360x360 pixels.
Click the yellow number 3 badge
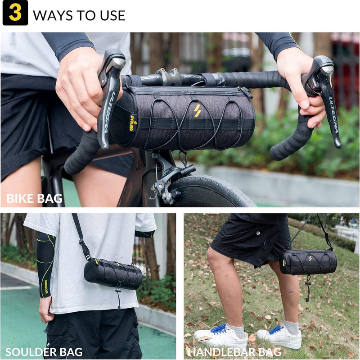point(15,13)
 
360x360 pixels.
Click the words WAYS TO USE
point(79,15)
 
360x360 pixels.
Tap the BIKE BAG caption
point(34,198)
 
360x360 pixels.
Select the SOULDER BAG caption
point(44,351)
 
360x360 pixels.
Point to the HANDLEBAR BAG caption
point(234,351)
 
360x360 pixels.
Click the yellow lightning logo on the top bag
point(197,111)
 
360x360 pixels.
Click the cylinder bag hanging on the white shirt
point(112,274)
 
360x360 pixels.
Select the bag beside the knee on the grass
point(308,262)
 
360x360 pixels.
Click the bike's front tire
point(211,191)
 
